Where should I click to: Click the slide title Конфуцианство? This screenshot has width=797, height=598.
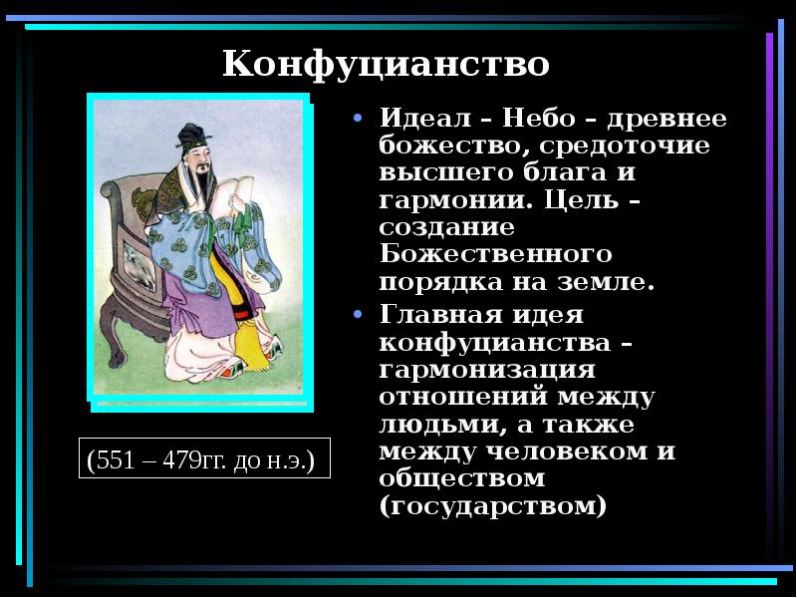(x=386, y=65)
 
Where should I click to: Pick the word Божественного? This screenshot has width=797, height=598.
(x=495, y=254)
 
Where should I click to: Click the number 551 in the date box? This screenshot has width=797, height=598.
(x=116, y=462)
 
